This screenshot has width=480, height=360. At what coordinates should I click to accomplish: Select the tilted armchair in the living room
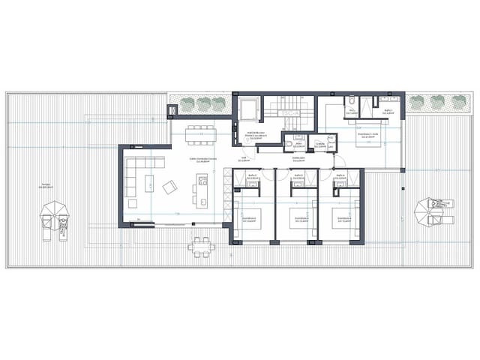[x=170, y=187]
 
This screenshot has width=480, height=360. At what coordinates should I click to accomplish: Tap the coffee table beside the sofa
[x=149, y=182]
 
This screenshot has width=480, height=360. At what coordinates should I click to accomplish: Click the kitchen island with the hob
[x=201, y=190]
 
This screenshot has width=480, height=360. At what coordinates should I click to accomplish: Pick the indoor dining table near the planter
[x=201, y=133]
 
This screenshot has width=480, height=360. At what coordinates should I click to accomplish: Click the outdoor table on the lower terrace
[x=199, y=245]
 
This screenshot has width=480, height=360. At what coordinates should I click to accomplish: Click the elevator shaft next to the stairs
[x=247, y=110]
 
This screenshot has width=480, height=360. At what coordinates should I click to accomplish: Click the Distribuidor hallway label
[x=297, y=159]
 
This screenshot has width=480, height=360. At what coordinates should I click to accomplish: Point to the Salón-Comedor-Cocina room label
[x=202, y=160]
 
